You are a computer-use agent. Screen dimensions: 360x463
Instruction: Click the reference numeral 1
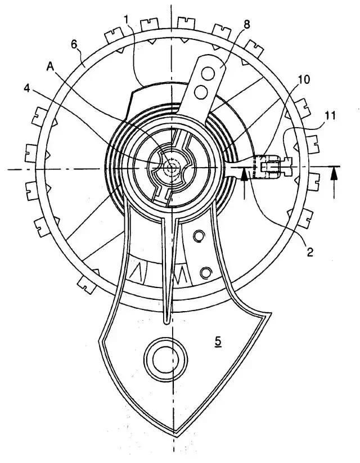point(127,20)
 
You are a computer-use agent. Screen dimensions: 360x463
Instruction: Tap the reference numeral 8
point(247,25)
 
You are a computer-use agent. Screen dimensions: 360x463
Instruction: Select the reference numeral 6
point(75,45)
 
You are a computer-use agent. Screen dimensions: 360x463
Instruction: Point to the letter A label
point(50,68)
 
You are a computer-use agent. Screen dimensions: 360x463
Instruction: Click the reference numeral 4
point(27,88)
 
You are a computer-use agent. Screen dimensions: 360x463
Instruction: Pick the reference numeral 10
point(303,80)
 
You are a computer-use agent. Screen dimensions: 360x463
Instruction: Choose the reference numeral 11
point(330,115)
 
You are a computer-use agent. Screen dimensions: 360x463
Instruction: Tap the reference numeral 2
point(310,252)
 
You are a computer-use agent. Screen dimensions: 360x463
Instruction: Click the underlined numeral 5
point(218,341)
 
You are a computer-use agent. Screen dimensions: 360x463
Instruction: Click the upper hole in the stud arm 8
point(208,74)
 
